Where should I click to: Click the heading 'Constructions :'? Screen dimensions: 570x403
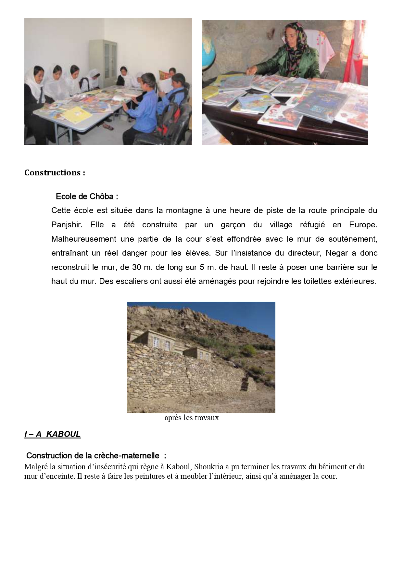[55, 172]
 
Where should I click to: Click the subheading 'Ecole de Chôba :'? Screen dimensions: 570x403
[87, 196]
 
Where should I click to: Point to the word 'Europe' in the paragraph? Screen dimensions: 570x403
[362, 225]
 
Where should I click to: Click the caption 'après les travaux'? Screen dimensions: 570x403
[192, 418]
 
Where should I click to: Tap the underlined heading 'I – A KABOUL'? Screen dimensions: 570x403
[52, 434]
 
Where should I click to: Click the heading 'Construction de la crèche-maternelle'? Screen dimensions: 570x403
[93, 456]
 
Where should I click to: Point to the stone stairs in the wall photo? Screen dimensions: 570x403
[244, 384]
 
